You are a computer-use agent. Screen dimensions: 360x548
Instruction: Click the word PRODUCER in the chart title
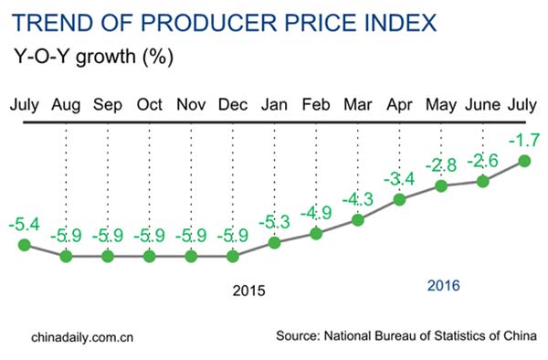[205, 21]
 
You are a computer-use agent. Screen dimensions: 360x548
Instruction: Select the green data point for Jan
[274, 243]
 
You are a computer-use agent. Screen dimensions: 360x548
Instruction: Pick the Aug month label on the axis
[66, 104]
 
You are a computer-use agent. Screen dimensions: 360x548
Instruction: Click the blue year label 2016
[444, 287]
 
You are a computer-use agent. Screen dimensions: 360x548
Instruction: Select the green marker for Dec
[233, 256]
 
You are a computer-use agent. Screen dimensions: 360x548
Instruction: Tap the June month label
[483, 104]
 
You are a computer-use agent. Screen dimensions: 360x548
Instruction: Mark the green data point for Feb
[317, 234]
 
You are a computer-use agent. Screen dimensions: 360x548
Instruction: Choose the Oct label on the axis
[150, 104]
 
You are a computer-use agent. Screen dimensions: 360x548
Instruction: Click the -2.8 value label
[442, 165]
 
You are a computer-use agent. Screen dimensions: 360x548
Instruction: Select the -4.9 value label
[317, 214]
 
